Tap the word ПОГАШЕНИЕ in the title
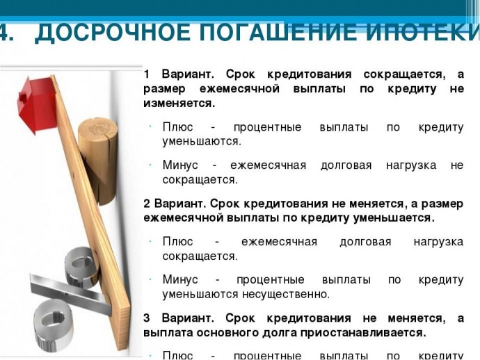click(278, 33)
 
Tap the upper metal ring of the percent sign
click(81, 267)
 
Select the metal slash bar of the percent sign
click(71, 294)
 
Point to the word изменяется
click(179, 104)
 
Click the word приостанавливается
click(362, 333)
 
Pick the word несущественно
click(286, 294)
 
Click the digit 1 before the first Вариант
click(147, 74)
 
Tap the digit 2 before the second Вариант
click(147, 204)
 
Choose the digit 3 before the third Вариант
click(147, 318)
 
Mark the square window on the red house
click(23, 97)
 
